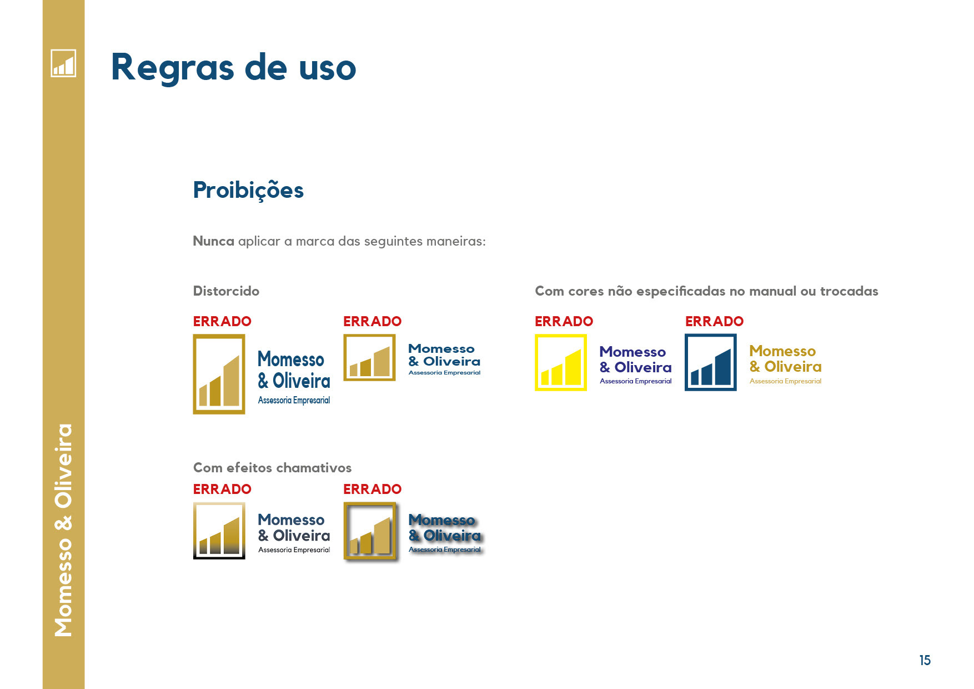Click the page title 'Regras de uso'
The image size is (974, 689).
point(233,68)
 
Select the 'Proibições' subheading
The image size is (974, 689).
point(248,191)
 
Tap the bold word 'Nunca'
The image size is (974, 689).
point(213,241)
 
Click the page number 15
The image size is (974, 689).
point(925,660)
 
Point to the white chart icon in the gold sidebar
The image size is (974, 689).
point(63,63)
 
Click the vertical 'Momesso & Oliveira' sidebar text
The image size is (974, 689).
point(63,530)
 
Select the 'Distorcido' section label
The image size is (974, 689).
point(226,291)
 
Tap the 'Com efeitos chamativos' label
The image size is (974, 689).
point(272,468)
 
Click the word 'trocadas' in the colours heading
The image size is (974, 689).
point(849,291)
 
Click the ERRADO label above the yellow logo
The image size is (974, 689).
point(564,321)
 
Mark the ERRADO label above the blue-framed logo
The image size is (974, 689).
point(714,321)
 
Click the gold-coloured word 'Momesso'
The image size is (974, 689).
point(782,351)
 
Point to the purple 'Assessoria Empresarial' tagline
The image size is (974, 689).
point(636,381)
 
